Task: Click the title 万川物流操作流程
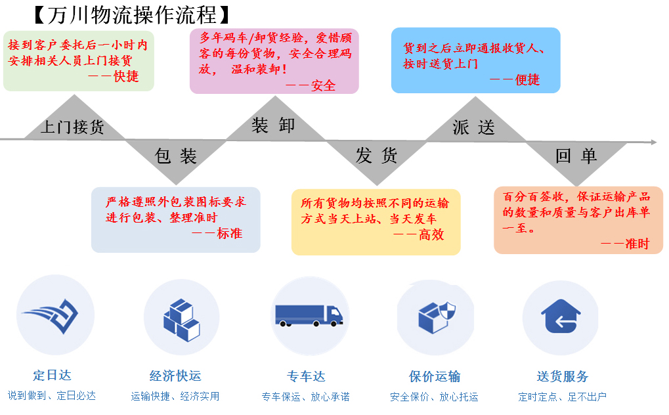132,15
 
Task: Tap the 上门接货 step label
72,127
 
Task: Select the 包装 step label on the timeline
175,156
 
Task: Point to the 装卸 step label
273,125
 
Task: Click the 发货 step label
376,156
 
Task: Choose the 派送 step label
473,127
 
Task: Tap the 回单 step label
576,156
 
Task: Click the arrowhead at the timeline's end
654,142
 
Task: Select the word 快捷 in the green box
126,76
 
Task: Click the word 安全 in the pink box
323,86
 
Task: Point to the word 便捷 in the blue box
527,80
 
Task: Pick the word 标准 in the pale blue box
230,234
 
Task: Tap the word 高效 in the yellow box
431,234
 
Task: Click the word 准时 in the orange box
637,244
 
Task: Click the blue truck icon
309,316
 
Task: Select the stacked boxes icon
182,320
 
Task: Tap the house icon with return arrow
561,317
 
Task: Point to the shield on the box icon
447,311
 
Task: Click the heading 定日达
52,376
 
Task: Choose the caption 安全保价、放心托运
434,397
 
